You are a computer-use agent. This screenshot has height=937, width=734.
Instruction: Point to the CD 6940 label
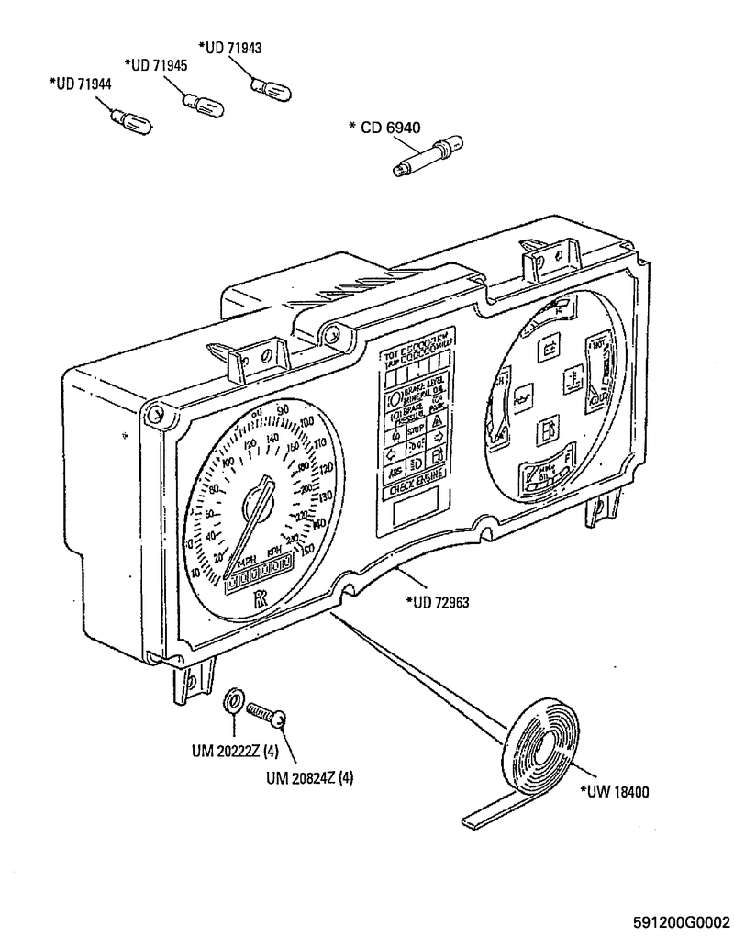[x=385, y=128]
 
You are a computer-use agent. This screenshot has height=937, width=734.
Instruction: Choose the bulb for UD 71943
[x=272, y=88]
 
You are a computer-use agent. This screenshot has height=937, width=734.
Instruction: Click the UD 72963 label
[x=437, y=604]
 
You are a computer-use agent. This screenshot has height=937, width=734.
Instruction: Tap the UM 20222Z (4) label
[x=235, y=751]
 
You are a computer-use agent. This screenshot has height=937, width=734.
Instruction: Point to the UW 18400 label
[x=615, y=793]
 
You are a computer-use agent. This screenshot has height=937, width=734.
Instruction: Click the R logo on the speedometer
[x=260, y=600]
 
